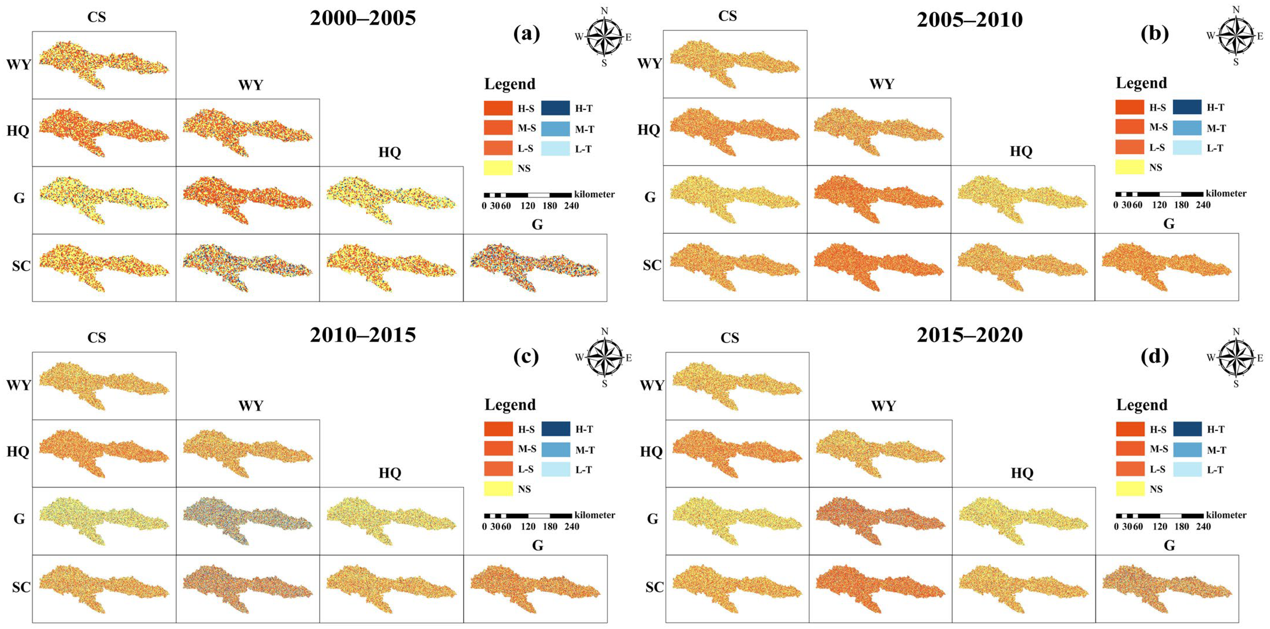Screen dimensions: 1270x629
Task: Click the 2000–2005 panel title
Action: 363,18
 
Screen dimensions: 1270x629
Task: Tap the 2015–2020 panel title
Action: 970,335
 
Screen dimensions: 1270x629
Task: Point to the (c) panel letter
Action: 526,356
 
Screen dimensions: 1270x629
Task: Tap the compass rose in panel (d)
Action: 1236,357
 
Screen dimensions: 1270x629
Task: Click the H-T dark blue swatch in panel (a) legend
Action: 556,108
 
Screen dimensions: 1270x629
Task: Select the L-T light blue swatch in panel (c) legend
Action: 556,469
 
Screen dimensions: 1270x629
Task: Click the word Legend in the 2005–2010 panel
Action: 1141,83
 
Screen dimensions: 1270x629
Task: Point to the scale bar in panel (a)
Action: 528,195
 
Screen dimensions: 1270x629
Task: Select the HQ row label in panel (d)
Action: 651,452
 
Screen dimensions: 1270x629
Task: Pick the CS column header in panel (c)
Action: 97,338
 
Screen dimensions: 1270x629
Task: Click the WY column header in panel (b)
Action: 881,84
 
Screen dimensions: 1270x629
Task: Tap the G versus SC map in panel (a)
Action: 535,268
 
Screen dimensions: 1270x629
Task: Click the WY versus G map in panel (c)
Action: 248,521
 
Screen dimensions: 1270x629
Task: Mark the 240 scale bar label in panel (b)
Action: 1203,205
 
